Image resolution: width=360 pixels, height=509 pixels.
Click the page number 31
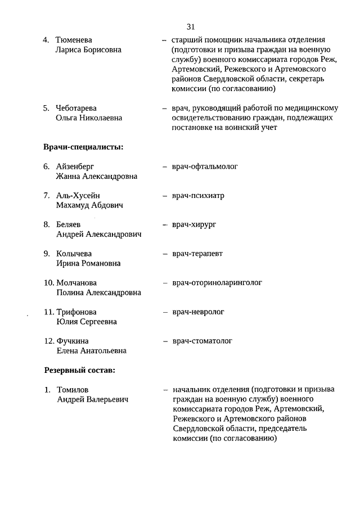[191, 26]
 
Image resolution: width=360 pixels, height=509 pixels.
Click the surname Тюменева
[74, 40]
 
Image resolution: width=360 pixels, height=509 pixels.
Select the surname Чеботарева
[76, 108]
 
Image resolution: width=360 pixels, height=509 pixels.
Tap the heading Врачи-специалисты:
[83, 147]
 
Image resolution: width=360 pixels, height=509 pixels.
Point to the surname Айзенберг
[76, 166]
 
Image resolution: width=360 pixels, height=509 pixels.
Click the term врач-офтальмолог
[205, 166]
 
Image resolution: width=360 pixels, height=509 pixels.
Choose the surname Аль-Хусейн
[78, 196]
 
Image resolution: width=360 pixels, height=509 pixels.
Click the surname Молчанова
[76, 283]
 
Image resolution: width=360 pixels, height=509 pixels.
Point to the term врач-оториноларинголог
[218, 282]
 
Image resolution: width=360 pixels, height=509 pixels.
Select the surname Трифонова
[76, 312]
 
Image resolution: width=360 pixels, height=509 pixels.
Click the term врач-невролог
[199, 312]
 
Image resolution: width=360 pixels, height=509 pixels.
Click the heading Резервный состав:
[79, 370]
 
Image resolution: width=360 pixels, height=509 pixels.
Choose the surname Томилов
[73, 389]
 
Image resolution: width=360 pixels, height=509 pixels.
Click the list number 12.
[49, 341]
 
